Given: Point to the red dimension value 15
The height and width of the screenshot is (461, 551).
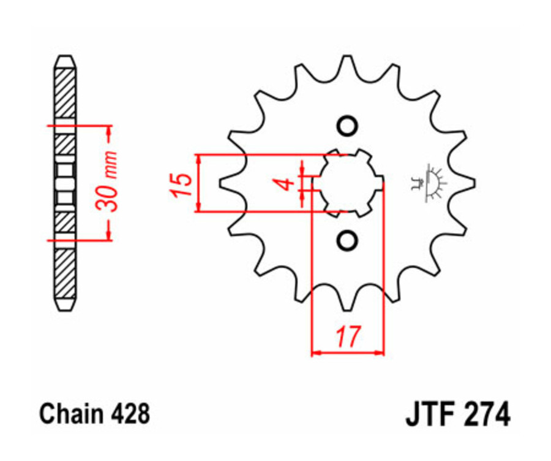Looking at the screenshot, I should pos(179,183).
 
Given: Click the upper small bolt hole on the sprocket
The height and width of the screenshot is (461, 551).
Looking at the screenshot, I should pos(347,126).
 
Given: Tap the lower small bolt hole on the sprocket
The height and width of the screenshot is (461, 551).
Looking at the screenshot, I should pos(347,240).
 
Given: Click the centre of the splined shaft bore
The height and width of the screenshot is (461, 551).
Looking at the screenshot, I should pos(347,183).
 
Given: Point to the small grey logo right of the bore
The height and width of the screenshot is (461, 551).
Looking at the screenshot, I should pos(430,182).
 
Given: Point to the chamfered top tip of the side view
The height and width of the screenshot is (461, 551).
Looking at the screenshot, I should pos(65,60).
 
